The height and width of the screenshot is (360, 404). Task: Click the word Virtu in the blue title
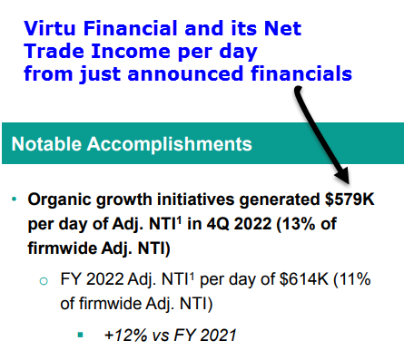[x=50, y=28]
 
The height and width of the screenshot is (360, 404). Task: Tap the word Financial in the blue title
[x=131, y=28]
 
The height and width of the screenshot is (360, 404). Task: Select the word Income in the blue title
[x=132, y=51]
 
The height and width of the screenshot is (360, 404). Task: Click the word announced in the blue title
[x=185, y=73]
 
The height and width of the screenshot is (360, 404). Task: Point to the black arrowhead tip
[x=350, y=183]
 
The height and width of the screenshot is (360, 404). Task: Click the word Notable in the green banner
[x=46, y=143]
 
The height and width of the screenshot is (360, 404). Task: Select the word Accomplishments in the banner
[x=170, y=144]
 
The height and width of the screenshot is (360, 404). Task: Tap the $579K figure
[x=350, y=199]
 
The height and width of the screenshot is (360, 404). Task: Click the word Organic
[x=60, y=200]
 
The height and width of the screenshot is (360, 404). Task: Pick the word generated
[x=280, y=200]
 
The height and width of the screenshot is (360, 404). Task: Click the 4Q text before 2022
[x=217, y=224]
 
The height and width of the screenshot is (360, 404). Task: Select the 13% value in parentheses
[x=297, y=224]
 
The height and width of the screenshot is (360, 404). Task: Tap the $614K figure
[x=304, y=278]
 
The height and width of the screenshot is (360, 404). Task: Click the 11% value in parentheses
[x=354, y=278]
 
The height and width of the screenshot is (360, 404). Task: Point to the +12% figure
[x=125, y=336]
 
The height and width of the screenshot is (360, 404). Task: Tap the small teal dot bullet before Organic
[x=15, y=199]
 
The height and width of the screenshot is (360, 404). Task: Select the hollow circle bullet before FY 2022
[x=44, y=281]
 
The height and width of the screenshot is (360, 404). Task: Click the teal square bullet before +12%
[x=80, y=335]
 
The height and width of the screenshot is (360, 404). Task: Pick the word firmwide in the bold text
[x=62, y=248]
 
